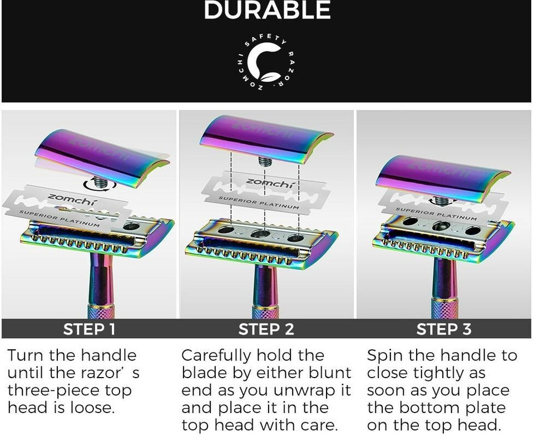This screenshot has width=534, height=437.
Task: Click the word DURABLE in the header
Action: click(268, 9)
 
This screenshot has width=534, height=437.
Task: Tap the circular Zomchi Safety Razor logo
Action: click(266, 63)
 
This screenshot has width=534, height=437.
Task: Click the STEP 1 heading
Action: click(89, 329)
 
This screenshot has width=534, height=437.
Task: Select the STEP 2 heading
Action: click(266, 329)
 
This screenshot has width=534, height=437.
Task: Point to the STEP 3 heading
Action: click(444, 329)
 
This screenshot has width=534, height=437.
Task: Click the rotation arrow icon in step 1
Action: click(100, 185)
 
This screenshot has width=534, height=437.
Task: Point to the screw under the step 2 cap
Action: click(265, 161)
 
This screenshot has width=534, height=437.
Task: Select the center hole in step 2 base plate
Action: click(261, 233)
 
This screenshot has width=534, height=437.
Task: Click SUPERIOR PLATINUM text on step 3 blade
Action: click(436, 214)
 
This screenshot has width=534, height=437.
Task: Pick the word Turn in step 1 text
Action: click(26, 355)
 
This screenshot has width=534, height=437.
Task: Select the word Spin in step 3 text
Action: click(384, 356)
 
